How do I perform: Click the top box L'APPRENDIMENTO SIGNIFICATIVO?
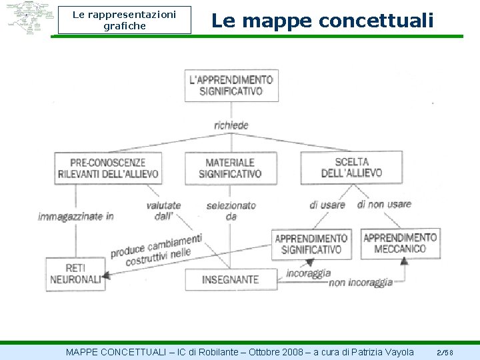231,85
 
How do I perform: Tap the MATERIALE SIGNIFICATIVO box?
230,168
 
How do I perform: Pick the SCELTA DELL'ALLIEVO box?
351,167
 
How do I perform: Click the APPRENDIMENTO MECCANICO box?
400,243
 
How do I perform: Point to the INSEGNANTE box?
230,279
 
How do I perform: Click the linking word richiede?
231,125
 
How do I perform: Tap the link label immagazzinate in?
76,216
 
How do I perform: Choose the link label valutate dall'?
163,211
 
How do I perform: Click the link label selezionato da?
231,211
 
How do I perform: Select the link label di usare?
327,205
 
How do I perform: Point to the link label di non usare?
384,204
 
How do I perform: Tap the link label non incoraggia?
361,283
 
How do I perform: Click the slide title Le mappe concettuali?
323,21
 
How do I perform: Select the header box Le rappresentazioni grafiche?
124,20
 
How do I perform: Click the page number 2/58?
445,352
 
